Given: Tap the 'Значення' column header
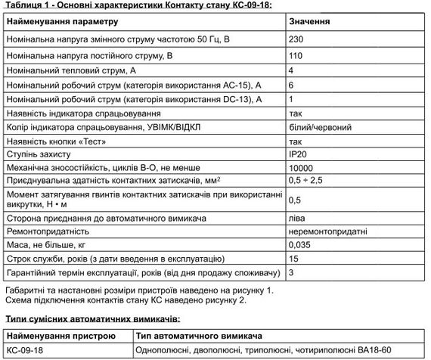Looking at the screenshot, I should [x=309, y=22].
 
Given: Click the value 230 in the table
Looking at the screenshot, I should [x=296, y=39].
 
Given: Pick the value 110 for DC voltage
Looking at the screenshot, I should [x=296, y=55].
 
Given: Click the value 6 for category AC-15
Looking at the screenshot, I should [x=292, y=85].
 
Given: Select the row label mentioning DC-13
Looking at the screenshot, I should [x=133, y=98].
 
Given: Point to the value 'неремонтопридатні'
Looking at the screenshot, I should [x=328, y=231].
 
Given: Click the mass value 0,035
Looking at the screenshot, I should [x=301, y=244].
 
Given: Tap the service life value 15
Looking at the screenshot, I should [x=293, y=258].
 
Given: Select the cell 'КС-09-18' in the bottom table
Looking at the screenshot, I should [x=25, y=349].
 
